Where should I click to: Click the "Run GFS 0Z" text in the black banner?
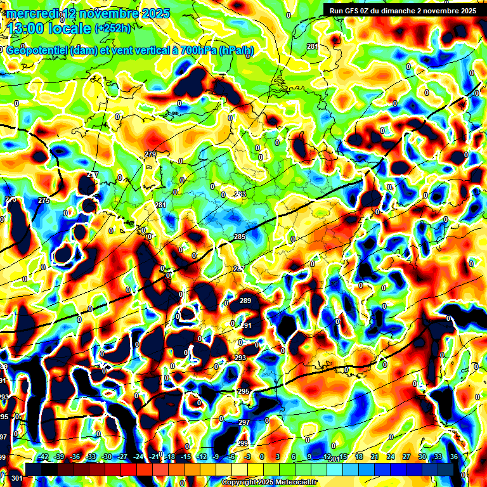pyautogui.click(x=353, y=11)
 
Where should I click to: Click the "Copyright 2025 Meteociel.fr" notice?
pyautogui.click(x=269, y=483)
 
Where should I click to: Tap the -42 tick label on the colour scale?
pyautogui.click(x=43, y=457)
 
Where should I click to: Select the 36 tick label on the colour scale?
pyautogui.click(x=453, y=457)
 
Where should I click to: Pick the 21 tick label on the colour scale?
pyautogui.click(x=375, y=457)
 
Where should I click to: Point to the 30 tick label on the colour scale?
pyautogui.click(x=422, y=457)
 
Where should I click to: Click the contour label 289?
pyautogui.click(x=245, y=301)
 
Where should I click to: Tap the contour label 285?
pyautogui.click(x=240, y=237)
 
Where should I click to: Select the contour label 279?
pyautogui.click(x=150, y=154)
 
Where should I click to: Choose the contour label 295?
pyautogui.click(x=243, y=391)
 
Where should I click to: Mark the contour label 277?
pyautogui.click(x=93, y=174)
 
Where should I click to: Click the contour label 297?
pyautogui.click(x=244, y=422)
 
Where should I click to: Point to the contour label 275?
pyautogui.click(x=43, y=200)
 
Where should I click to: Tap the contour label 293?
pyautogui.click(x=240, y=358)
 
